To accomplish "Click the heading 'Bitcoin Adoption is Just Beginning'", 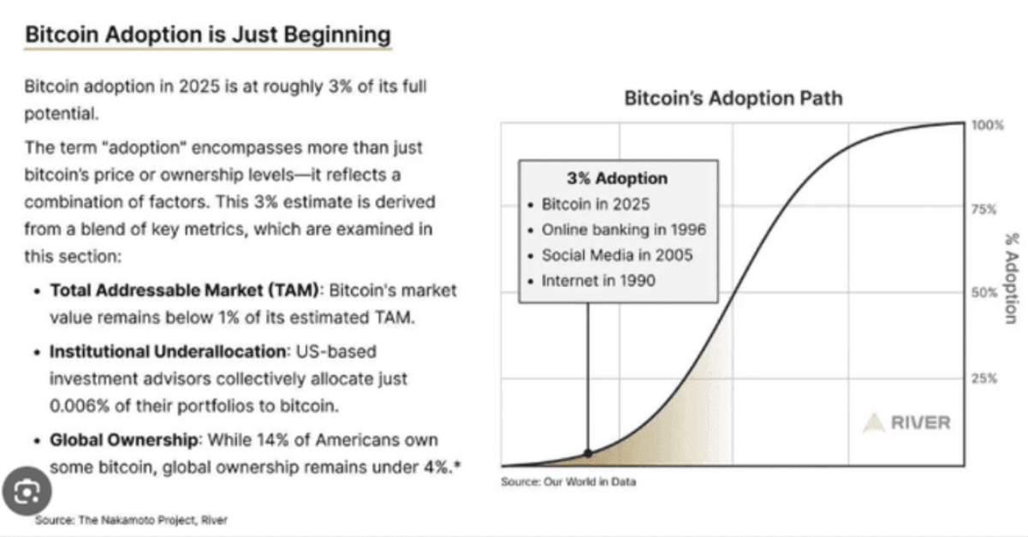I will click(207, 35).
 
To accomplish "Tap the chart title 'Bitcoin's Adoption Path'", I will click(733, 98).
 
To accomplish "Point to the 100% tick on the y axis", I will click(987, 125).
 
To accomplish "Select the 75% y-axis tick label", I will click(985, 209).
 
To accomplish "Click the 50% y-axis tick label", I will click(985, 293).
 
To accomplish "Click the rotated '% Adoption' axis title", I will click(1010, 286).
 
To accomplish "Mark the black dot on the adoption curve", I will click(588, 453).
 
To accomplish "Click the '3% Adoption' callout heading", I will click(616, 179).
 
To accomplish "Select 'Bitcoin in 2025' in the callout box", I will click(596, 206).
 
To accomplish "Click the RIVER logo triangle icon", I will click(872, 423).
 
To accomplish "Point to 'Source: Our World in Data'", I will click(567, 481).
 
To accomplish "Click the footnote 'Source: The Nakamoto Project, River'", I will click(131, 520).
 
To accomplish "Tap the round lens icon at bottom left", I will click(28, 493).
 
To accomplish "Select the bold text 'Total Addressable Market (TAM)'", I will click(185, 291).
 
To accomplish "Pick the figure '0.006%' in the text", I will click(79, 405).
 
